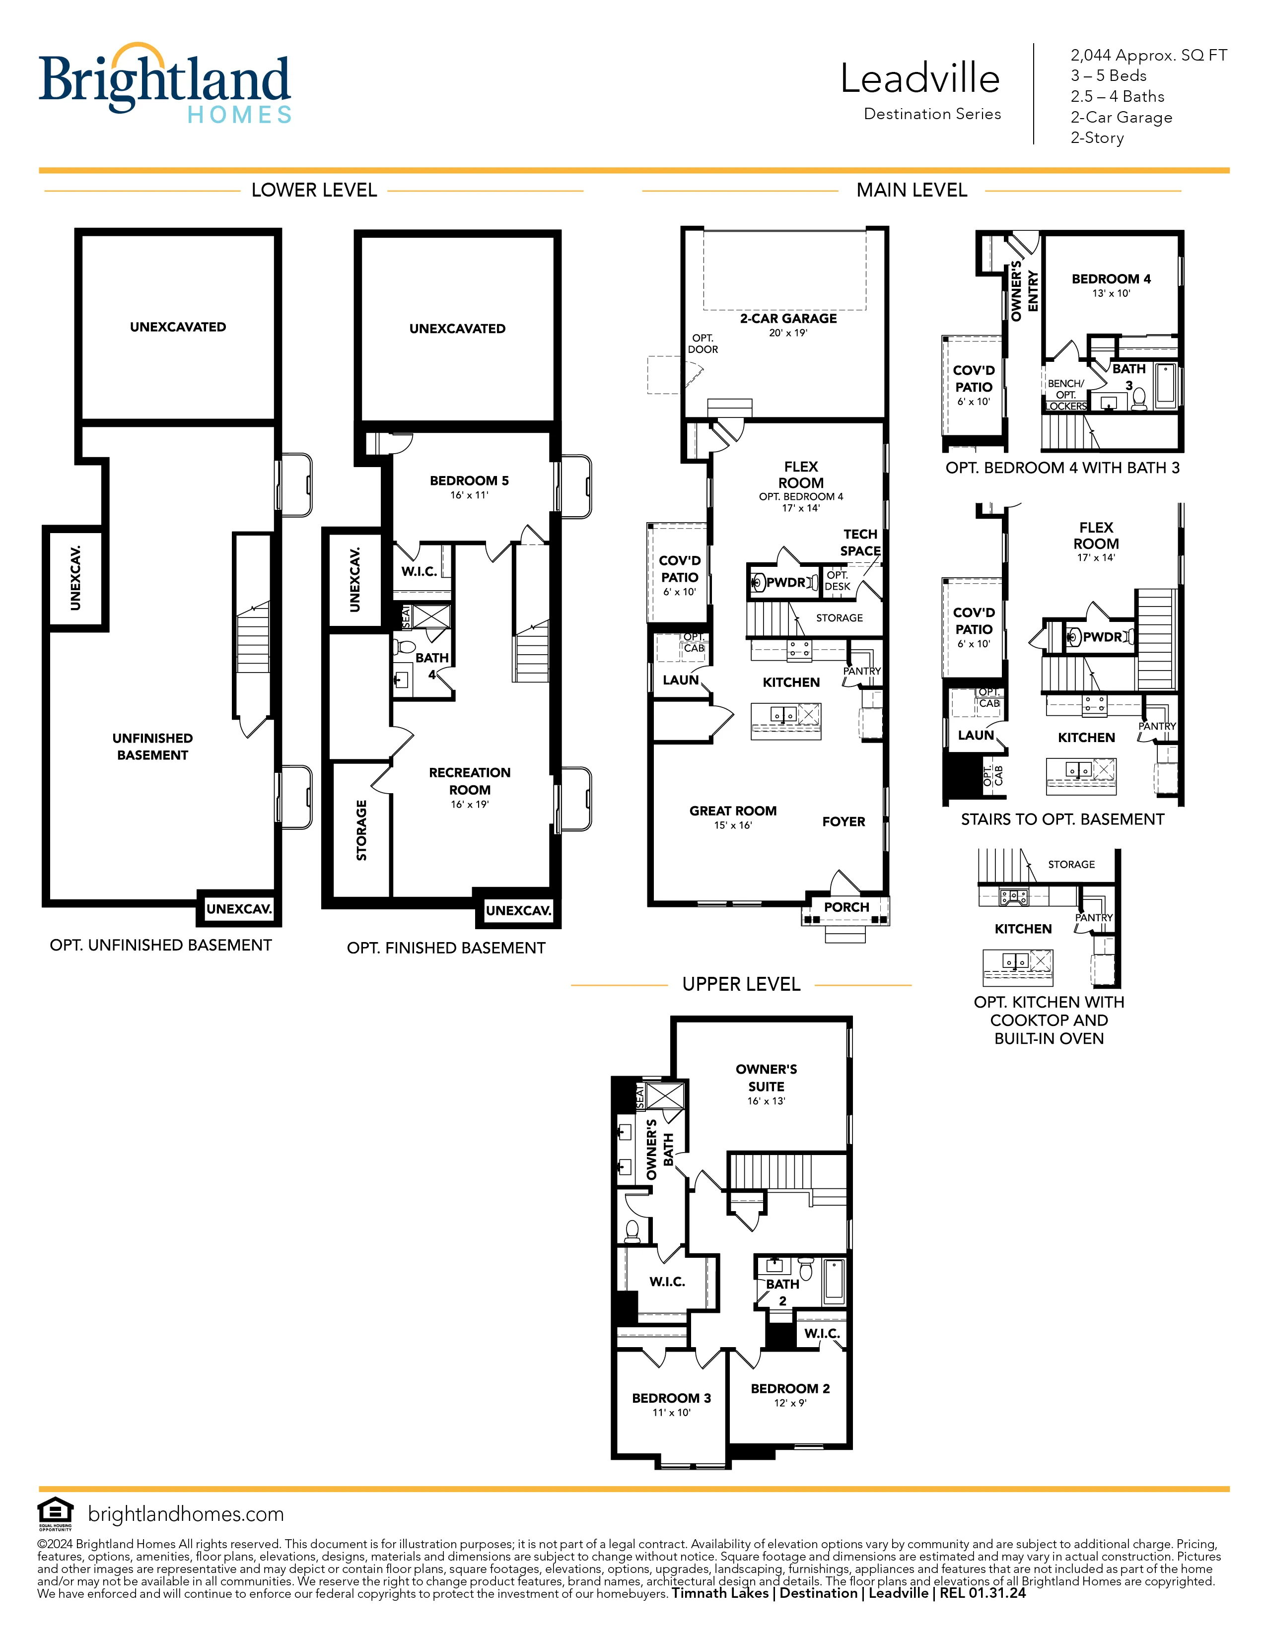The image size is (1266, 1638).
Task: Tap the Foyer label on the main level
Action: tap(843, 821)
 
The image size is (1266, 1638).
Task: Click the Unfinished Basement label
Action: tap(152, 746)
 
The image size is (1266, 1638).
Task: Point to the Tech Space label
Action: tap(860, 542)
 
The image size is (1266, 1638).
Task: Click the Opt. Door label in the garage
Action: tap(703, 343)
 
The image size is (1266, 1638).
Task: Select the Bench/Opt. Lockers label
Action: tap(1066, 395)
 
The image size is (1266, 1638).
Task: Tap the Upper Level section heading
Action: tap(741, 984)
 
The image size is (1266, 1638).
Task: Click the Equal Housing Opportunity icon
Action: tap(56, 1513)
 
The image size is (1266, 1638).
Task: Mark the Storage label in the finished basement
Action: tap(361, 830)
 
